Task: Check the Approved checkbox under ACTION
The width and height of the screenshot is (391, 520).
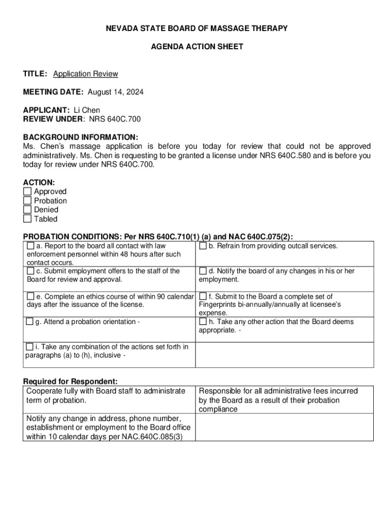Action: pos(27,191)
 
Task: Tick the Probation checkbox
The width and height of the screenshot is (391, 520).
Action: pos(27,201)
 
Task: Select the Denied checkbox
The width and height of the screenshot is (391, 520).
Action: pos(27,210)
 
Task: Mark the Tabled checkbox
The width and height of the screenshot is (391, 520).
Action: pos(27,219)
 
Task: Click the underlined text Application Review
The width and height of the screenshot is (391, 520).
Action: pos(85,74)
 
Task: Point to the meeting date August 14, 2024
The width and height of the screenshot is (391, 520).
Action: pos(115,92)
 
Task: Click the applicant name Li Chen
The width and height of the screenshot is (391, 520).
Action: pos(87,110)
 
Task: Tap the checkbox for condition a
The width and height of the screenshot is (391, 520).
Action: pos(30,246)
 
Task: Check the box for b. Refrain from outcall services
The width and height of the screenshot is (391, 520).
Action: pos(203,246)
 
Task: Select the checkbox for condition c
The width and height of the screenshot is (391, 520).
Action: pos(30,271)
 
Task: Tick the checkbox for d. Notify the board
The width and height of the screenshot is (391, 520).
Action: pos(203,271)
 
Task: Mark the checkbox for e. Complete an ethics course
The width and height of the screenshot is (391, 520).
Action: pos(30,296)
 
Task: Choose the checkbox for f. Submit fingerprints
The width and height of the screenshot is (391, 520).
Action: pos(203,296)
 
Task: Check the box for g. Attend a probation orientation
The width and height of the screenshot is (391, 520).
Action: pos(30,321)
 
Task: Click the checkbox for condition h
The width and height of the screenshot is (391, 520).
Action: pos(203,321)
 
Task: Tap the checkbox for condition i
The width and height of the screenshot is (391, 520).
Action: pos(30,347)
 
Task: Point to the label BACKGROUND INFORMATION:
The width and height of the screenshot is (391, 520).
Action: pos(80,137)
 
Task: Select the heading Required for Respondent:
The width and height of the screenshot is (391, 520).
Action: pos(71,381)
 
